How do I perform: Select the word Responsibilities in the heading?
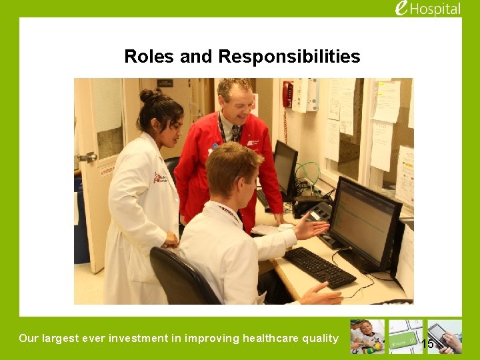pos(289,57)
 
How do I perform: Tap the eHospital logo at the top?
pos(427,9)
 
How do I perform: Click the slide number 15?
pos(427,344)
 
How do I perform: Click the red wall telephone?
pos(287,94)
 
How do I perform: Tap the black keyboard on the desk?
pos(320,267)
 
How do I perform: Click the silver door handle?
pos(87,158)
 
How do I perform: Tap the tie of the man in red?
pos(235,133)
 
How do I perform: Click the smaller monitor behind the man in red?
pos(285,166)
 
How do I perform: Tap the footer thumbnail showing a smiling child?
pos(367,337)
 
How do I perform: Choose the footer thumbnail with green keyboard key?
pos(405,337)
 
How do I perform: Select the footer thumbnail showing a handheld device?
pos(445,337)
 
